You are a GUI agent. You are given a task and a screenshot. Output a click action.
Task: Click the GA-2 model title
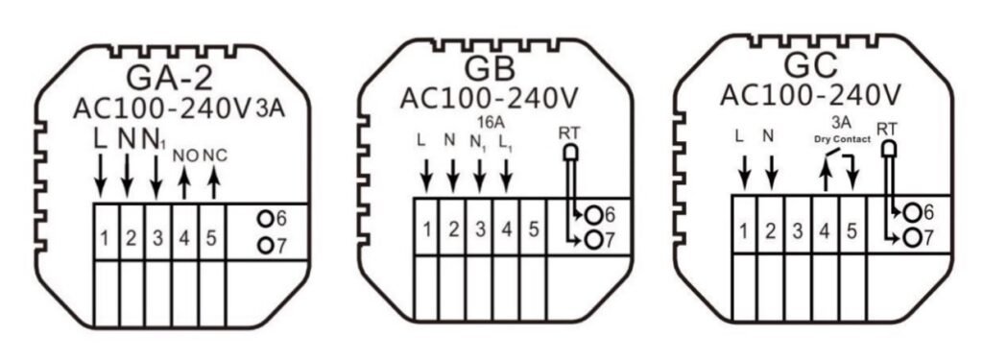tap(169, 78)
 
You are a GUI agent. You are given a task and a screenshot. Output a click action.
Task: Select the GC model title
tap(810, 65)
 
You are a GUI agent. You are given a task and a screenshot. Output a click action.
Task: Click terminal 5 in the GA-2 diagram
tap(211, 238)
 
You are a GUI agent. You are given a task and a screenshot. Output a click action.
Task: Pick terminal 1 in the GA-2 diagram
tap(106, 238)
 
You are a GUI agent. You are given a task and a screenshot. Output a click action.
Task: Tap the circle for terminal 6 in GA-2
tap(266, 219)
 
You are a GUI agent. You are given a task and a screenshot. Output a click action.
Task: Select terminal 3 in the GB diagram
tap(480, 228)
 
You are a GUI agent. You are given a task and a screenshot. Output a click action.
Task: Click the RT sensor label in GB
tap(570, 133)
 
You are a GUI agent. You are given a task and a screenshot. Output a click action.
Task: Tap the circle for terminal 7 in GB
tap(592, 240)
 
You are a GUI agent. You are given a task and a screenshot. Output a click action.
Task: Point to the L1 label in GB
tap(505, 141)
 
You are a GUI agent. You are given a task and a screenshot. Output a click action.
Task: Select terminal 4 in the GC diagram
tap(825, 231)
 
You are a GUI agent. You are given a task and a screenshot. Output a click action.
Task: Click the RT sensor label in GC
tap(886, 130)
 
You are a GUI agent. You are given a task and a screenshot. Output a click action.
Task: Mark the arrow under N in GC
tap(772, 173)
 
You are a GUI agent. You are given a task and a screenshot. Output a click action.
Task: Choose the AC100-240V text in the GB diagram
tap(490, 98)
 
